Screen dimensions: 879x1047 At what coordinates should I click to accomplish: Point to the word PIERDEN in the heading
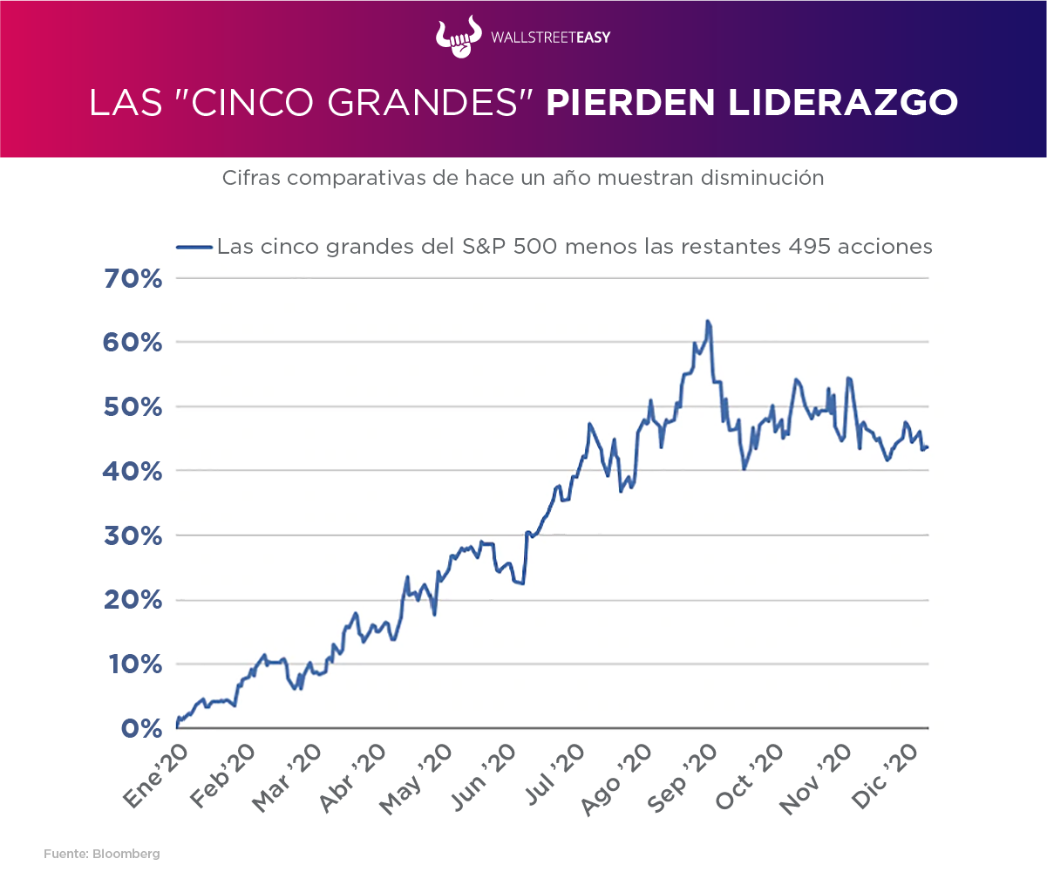click(614, 102)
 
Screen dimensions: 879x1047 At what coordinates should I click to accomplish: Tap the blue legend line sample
click(194, 247)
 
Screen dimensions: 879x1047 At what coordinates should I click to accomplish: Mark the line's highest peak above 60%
click(708, 322)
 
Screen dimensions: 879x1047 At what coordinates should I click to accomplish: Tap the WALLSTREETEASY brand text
click(549, 37)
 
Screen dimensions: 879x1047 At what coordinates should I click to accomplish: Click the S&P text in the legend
click(478, 247)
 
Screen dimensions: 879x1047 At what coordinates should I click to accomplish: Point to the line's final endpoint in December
click(928, 447)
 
